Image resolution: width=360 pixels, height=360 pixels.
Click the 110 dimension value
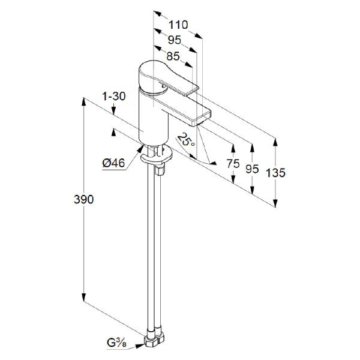click(178, 25)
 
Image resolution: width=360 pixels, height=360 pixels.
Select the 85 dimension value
click(173, 58)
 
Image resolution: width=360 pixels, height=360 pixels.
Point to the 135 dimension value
click(275, 173)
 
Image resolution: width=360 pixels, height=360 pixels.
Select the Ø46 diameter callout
click(113, 162)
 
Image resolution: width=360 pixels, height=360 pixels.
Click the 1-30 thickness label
click(113, 96)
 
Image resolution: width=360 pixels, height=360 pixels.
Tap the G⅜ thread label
click(117, 344)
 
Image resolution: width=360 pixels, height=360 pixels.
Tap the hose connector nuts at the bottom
click(152, 340)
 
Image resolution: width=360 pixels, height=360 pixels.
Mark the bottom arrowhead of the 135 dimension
click(275, 204)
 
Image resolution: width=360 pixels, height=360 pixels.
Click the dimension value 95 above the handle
click(175, 41)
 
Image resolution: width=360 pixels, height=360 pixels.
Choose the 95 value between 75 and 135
click(253, 169)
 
